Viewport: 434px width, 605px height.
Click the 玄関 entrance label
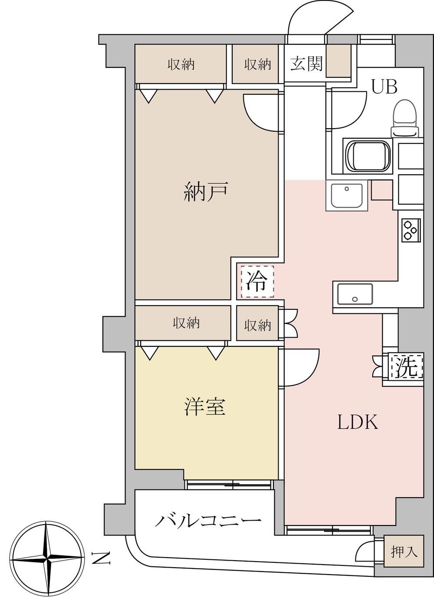coord(307,65)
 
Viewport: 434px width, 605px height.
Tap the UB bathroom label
coord(385,87)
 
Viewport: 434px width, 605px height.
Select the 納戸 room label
coord(206,192)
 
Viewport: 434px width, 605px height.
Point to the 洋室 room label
coord(205,406)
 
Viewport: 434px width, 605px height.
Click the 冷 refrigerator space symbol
coord(257,282)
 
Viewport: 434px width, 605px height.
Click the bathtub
coord(368,156)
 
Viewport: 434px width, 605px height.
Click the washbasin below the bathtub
coord(347,196)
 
